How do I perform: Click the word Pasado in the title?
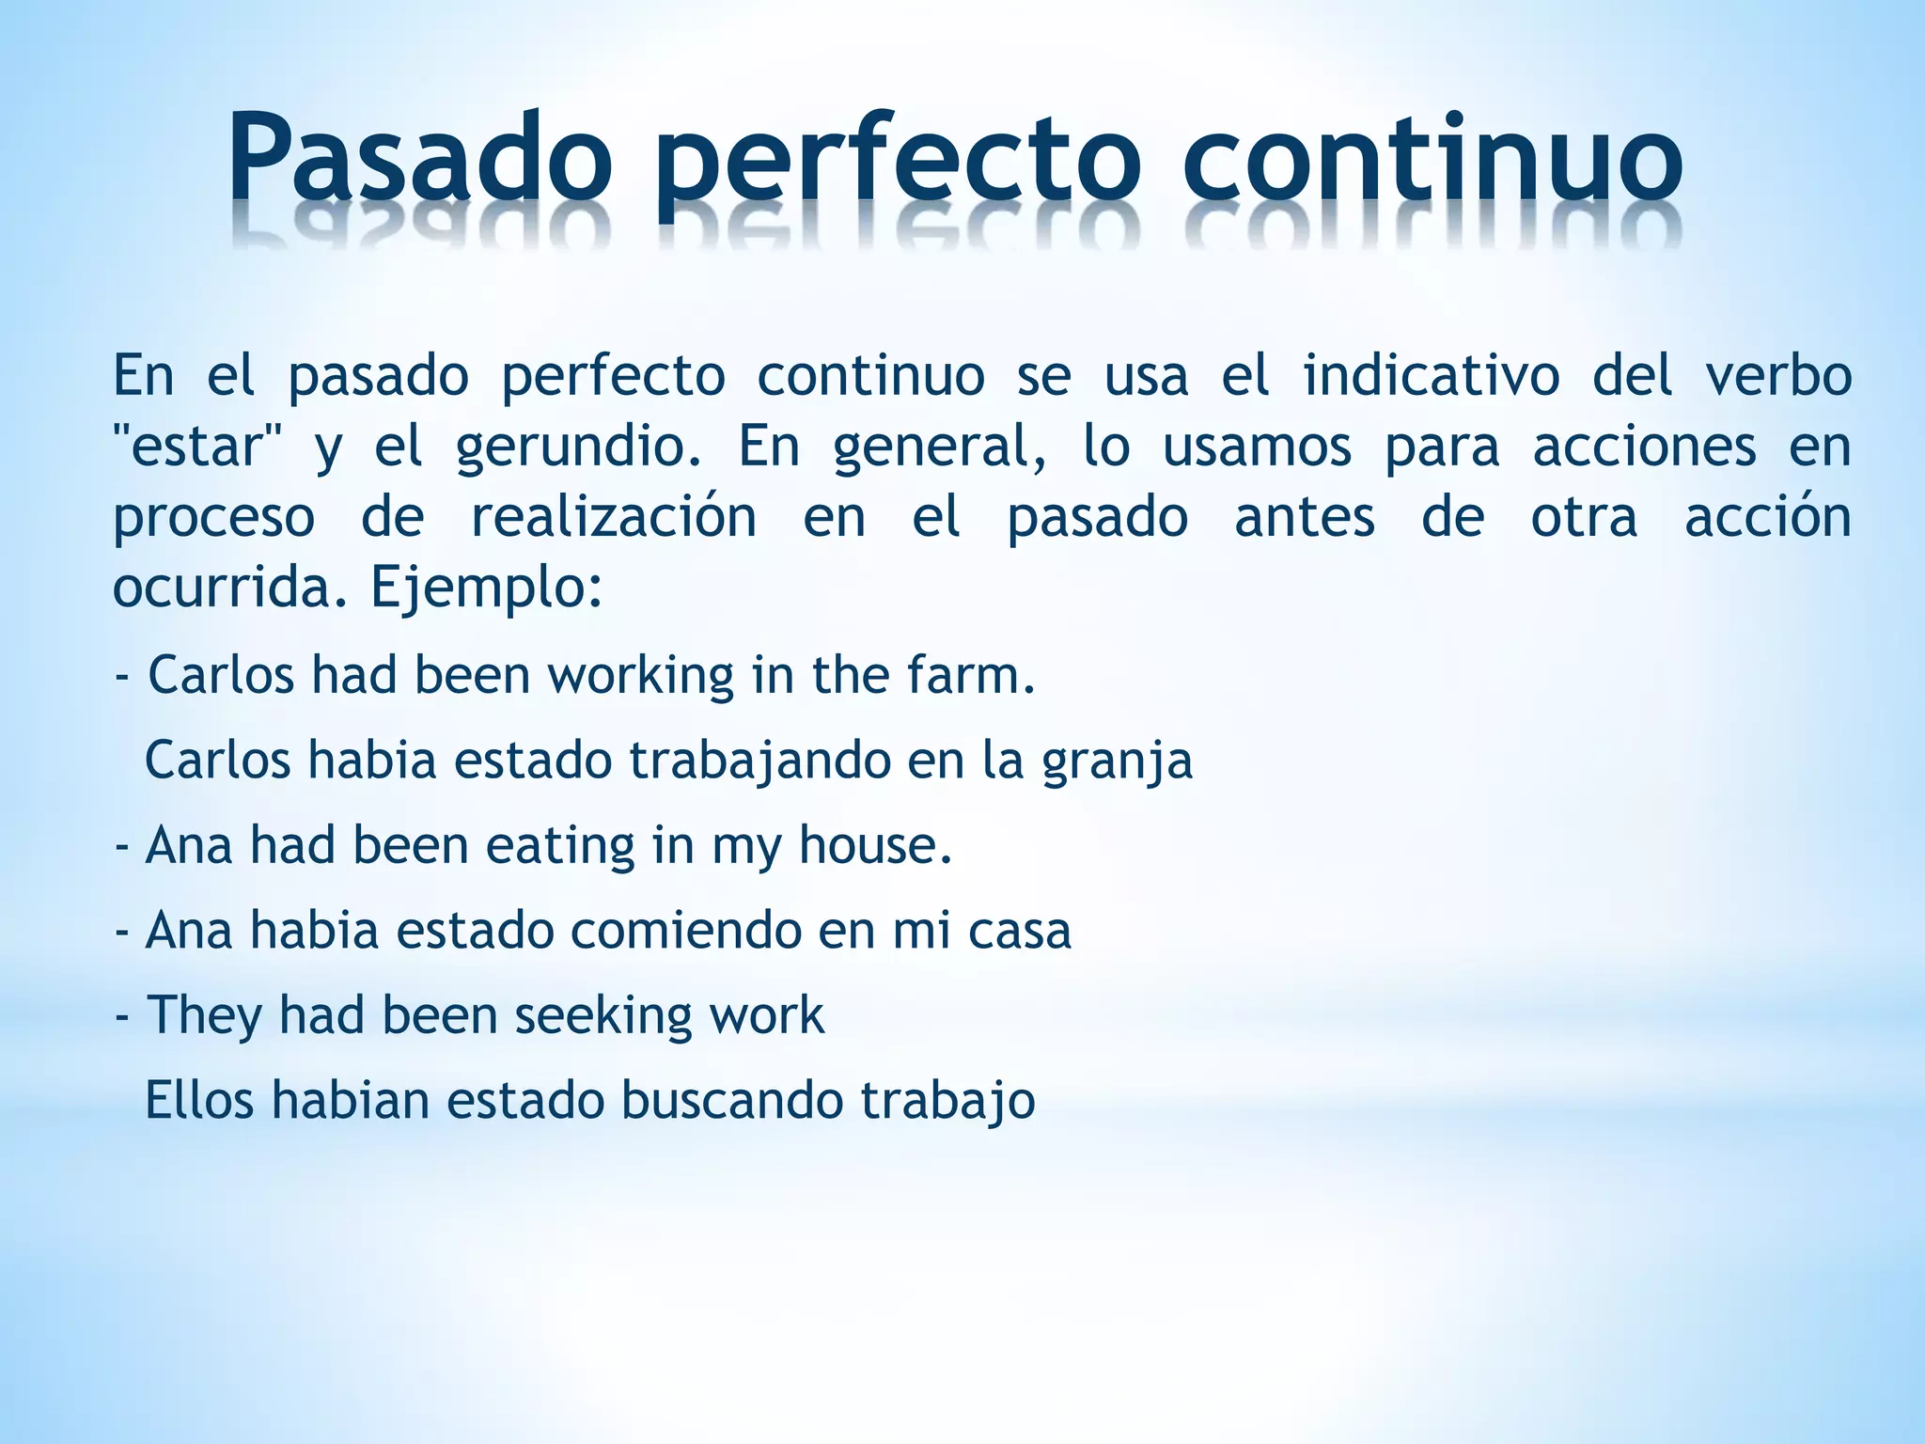tap(418, 158)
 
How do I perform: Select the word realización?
tap(613, 517)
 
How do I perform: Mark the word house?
tap(875, 844)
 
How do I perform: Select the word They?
tap(204, 1016)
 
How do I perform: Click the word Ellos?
tap(199, 1101)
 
